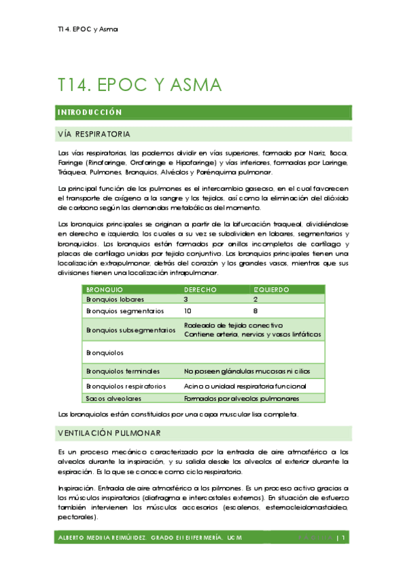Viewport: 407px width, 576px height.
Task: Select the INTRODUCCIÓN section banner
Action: [90, 112]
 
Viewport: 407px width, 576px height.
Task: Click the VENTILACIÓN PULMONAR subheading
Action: [109, 432]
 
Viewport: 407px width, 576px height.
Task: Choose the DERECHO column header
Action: [200, 289]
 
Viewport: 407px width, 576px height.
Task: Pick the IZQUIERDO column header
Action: [271, 289]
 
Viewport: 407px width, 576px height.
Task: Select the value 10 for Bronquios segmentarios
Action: [188, 311]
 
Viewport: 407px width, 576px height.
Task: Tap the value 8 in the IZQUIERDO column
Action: [255, 311]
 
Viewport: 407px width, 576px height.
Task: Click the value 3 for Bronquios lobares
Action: [185, 299]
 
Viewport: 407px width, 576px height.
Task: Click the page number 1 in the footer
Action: [345, 538]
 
